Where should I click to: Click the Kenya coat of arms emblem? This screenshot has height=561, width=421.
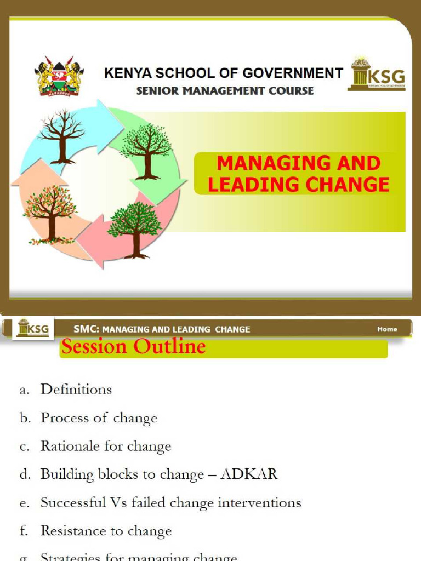pos(58,76)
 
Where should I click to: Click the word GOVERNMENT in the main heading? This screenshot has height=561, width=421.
pos(291,73)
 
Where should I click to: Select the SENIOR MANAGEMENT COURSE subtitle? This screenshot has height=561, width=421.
pos(225,91)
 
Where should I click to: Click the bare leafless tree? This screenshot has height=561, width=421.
pos(62,136)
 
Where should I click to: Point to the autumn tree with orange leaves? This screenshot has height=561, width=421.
pos(50,214)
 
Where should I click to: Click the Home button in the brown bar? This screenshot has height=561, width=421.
pos(387,329)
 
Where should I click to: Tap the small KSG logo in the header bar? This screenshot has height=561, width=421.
pos(33,329)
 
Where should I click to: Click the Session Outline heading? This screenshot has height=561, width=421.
pos(133,347)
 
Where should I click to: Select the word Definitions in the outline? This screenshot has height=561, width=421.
pos(76,390)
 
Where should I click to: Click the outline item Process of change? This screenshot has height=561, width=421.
pos(99,419)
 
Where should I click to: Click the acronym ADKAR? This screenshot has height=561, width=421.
pos(249,474)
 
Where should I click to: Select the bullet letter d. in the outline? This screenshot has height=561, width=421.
pos(25,475)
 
